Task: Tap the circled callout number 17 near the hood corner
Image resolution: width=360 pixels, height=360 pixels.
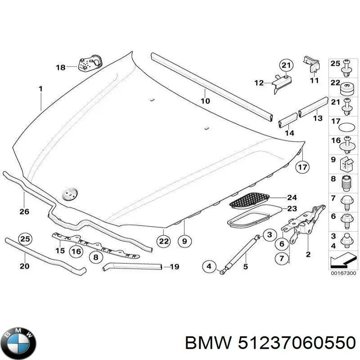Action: pos(303,167)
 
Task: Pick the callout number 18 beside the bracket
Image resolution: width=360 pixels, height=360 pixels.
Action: pos(60,67)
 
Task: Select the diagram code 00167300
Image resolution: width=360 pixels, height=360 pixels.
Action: pos(342,273)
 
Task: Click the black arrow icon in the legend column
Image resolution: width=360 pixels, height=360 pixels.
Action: pos(342,261)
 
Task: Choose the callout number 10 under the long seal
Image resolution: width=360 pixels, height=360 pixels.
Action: pos(205,101)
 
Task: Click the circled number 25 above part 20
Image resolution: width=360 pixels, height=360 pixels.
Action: pos(25,238)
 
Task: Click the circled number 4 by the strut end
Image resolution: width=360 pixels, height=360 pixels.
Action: pos(208,267)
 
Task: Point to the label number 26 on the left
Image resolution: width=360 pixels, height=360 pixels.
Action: pos(24,211)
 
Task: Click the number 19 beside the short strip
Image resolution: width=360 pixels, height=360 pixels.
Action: pos(174,267)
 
